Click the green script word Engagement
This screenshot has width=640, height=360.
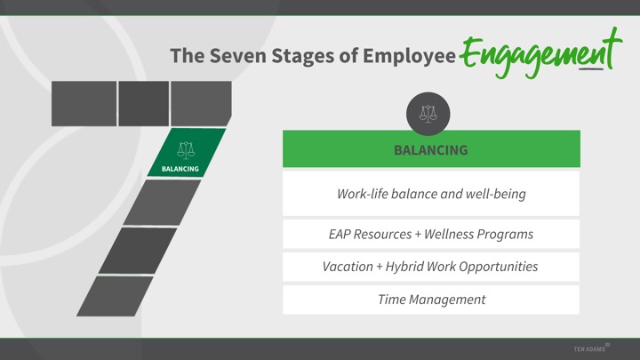point(540,53)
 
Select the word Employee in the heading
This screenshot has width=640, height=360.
point(409,56)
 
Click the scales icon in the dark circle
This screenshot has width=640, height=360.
point(428,114)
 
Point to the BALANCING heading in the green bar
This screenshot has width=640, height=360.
point(431,150)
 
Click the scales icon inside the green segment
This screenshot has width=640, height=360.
point(186,150)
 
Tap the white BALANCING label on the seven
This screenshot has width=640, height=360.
point(180,169)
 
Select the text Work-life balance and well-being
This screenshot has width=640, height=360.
point(431,194)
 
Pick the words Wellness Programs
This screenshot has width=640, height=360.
point(479,235)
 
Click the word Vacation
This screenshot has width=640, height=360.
point(348,267)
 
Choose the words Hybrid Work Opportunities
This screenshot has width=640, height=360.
point(461,267)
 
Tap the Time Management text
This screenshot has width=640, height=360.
point(431,300)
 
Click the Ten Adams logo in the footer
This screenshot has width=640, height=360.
point(591,348)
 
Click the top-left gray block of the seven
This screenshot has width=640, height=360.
point(84,104)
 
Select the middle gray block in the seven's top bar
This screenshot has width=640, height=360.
point(144,104)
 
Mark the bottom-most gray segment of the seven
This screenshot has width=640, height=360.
point(115,296)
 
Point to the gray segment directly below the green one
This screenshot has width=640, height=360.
point(162,203)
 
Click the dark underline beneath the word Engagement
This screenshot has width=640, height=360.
point(591,69)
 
